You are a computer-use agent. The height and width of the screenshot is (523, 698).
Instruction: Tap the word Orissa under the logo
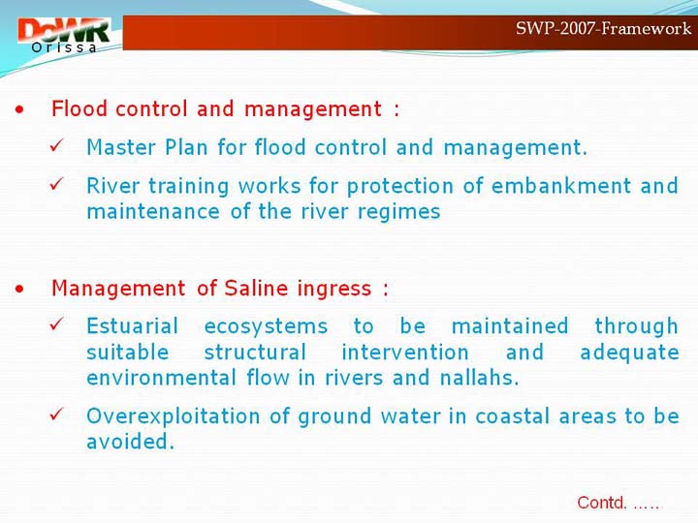click(x=64, y=47)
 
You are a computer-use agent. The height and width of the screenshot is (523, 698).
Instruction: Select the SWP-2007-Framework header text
click(x=603, y=28)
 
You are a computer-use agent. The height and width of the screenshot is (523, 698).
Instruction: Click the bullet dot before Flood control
click(x=19, y=109)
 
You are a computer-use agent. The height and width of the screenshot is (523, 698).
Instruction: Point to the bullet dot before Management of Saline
click(x=19, y=289)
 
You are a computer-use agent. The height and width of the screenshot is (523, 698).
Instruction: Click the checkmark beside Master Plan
click(x=57, y=145)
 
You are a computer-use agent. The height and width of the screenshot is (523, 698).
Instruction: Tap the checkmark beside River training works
click(x=57, y=183)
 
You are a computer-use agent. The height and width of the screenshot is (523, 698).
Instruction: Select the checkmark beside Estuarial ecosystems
click(x=57, y=323)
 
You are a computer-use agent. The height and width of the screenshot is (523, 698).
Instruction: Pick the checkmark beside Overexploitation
click(x=57, y=415)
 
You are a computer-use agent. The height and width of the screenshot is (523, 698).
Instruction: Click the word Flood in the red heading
click(x=79, y=108)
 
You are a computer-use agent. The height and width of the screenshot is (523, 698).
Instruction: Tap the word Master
click(x=121, y=147)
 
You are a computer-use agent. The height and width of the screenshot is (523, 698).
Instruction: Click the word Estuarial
click(x=133, y=326)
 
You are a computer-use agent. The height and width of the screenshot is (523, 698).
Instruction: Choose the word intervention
click(x=405, y=353)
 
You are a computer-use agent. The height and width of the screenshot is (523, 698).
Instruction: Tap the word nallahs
click(x=480, y=378)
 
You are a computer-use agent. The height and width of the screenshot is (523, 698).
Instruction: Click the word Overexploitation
click(x=174, y=417)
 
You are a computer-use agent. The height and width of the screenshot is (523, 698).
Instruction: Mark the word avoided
click(x=130, y=442)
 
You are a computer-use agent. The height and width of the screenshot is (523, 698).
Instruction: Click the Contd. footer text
click(x=618, y=503)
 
